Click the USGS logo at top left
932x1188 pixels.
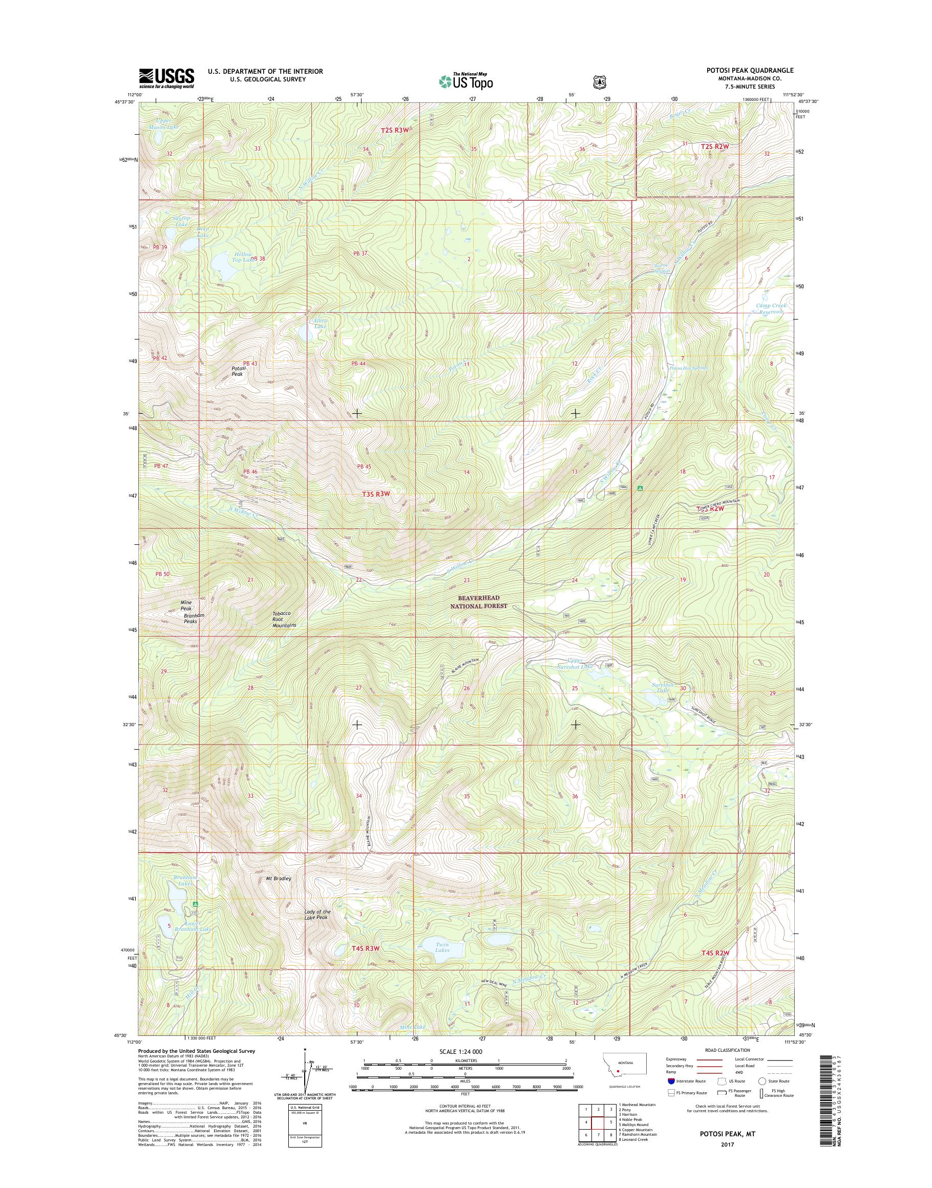[x=166, y=78]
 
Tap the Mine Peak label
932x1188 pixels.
[x=186, y=605]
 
